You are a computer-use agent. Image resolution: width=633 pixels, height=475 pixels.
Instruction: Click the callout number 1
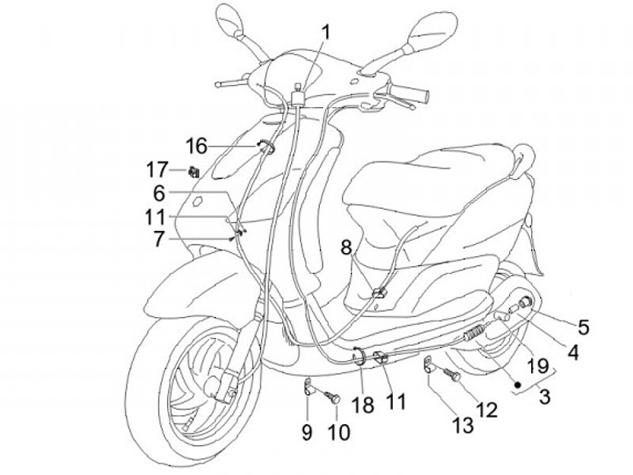coord(326,32)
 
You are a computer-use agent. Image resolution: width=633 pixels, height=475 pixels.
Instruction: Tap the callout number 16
coord(196,144)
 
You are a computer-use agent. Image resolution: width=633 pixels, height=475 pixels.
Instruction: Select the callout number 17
coord(156,168)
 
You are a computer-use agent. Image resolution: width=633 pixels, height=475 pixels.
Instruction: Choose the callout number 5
coord(583,327)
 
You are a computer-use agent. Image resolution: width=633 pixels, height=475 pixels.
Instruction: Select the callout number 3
coord(545,396)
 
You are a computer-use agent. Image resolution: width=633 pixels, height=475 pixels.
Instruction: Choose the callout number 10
coord(338,431)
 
